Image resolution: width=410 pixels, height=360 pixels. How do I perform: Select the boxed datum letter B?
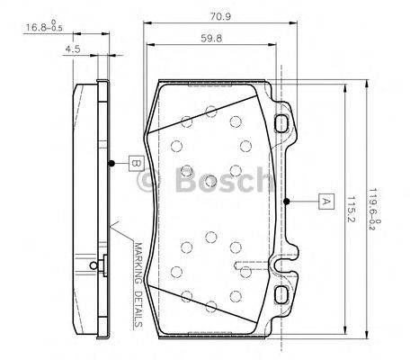(133, 163)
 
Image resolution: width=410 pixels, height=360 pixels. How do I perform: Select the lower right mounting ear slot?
(281, 293)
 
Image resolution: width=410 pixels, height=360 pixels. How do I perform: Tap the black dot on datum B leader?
(110, 163)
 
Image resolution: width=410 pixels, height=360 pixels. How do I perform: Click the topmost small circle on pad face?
(209, 111)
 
